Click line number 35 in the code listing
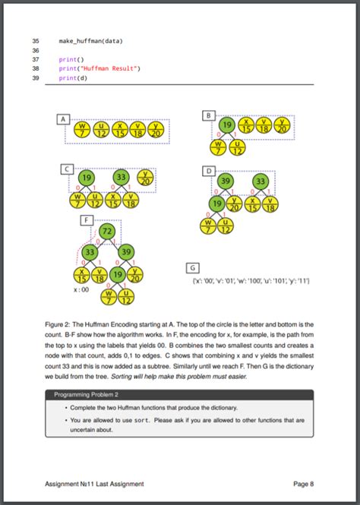(x=35, y=40)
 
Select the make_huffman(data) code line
(x=90, y=40)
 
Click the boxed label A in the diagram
(x=64, y=118)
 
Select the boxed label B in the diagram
(x=209, y=114)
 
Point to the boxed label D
(x=209, y=172)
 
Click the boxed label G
(x=193, y=267)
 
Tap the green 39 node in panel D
(x=226, y=181)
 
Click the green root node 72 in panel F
(x=107, y=231)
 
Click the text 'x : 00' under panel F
(x=81, y=289)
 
